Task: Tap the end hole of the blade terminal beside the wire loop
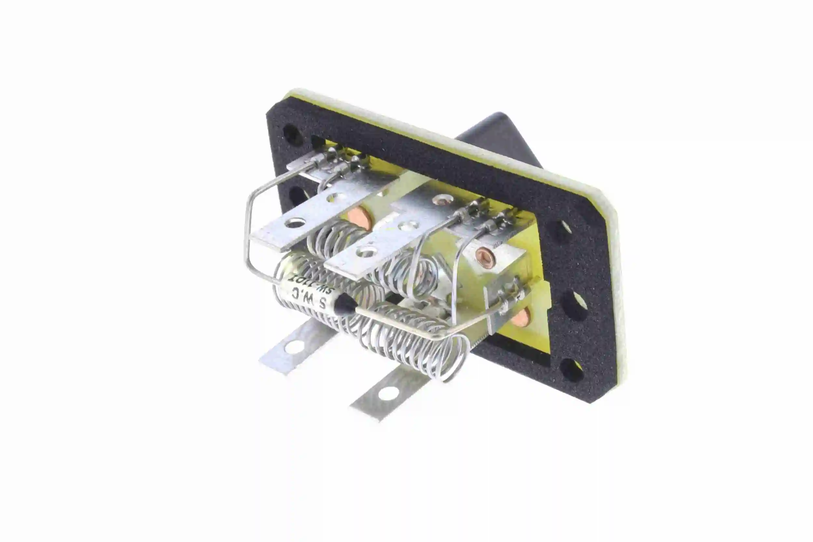(x=294, y=224)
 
